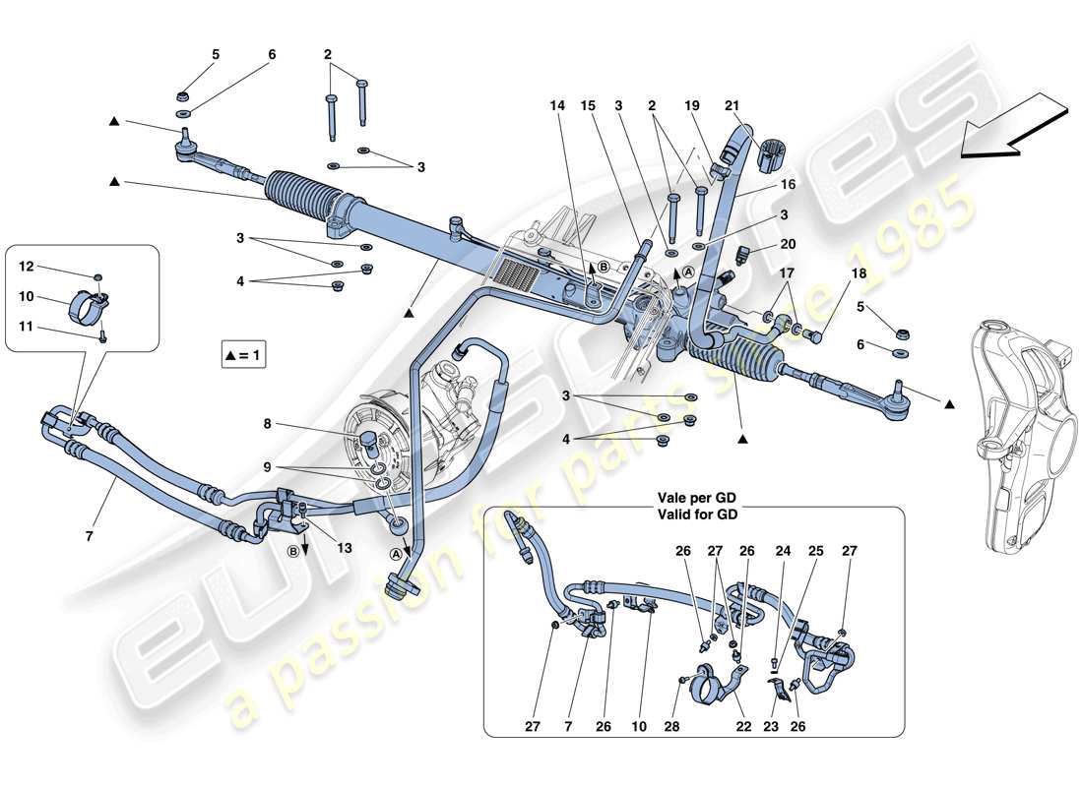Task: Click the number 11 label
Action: (27, 326)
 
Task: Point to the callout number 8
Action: (268, 425)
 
